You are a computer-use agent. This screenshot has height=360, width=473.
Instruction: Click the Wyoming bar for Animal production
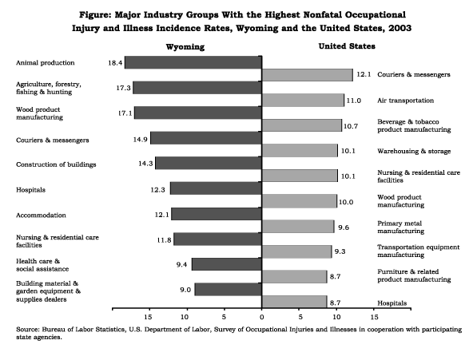[x=193, y=62]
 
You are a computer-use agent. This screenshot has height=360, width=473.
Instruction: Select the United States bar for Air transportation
[x=303, y=100]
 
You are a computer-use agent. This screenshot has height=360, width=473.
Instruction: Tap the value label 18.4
[x=115, y=63]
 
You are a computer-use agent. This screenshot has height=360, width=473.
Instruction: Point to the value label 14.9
[x=141, y=140]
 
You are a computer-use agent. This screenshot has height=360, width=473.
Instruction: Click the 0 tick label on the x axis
[x=261, y=317]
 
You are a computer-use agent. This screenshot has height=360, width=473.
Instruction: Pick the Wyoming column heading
[x=185, y=47]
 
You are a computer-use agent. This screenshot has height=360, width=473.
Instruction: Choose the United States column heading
[x=347, y=46]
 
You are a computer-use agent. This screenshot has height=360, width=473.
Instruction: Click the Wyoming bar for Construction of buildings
[x=209, y=163]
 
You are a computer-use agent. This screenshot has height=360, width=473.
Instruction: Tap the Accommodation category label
[x=41, y=215]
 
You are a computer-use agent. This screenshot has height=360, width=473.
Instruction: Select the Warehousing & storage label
[x=414, y=151]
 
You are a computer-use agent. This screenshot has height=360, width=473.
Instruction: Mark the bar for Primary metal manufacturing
[x=298, y=226]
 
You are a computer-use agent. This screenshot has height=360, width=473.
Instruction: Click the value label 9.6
[x=344, y=227]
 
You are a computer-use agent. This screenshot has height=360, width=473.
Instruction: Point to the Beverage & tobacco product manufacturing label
[x=414, y=125]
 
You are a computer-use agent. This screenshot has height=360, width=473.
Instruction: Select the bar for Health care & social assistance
[x=227, y=264]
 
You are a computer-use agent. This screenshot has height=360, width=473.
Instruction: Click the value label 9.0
[x=185, y=290]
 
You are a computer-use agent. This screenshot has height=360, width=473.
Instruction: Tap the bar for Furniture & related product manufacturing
[x=294, y=276]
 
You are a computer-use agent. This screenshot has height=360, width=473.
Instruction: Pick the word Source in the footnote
[x=26, y=330]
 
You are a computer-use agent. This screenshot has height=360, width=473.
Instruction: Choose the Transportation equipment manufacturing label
[x=419, y=251]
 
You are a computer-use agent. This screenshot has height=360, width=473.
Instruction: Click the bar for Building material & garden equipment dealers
[x=229, y=289]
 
